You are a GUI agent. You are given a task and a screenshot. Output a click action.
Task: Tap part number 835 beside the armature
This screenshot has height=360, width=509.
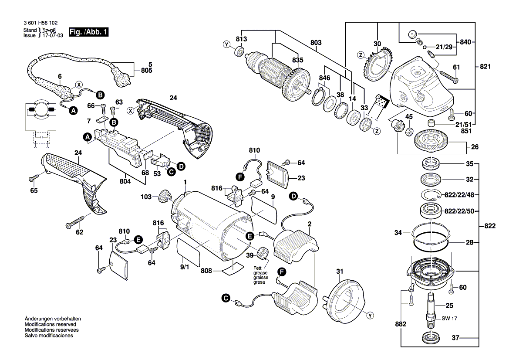point(297,60)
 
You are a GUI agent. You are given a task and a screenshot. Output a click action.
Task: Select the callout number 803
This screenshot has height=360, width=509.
point(316,43)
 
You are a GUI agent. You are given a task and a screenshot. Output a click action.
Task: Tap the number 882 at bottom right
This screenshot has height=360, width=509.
point(401,324)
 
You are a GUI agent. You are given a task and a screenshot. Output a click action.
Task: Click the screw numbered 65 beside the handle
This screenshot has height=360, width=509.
point(34,178)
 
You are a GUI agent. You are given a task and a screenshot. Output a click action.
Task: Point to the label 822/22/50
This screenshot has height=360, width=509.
point(458,211)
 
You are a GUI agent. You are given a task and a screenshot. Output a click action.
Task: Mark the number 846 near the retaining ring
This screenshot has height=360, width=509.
point(324,78)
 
